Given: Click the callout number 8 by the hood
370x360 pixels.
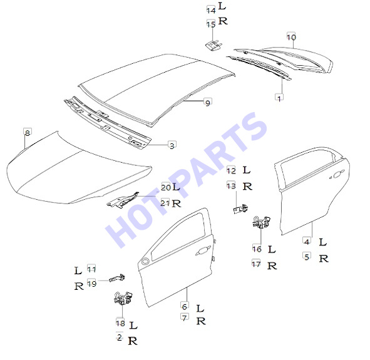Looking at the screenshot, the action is pos(28,133).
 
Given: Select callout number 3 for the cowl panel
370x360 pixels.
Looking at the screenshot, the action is pos(172,145).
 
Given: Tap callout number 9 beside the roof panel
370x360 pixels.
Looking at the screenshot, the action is pos(208,103).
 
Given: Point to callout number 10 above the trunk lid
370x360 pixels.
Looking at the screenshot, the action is pos(291,37).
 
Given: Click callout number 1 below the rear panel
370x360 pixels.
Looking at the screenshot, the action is pos(279,98).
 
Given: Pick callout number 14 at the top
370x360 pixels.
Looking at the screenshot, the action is pos(211,10).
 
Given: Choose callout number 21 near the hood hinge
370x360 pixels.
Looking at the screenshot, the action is pos(165,202).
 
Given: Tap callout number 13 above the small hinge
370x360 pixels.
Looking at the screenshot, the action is pos(231,185).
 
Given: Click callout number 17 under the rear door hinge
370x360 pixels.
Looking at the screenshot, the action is pos(256,264).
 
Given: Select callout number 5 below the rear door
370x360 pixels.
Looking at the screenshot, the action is pos(307,256).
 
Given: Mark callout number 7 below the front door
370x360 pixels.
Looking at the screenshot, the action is pos(185,317).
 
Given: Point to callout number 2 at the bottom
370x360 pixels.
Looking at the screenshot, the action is pos(120,337).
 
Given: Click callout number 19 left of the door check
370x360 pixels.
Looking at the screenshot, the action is pos(92,283).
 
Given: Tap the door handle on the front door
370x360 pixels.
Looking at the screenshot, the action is pos(203,251).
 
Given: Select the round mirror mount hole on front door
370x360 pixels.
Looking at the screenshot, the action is pos(145,261).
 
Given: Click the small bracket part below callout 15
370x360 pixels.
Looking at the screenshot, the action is pos(213,45).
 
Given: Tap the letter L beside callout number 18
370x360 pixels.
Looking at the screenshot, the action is pos(133,325).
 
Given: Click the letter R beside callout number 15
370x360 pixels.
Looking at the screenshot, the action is pos(223,21).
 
